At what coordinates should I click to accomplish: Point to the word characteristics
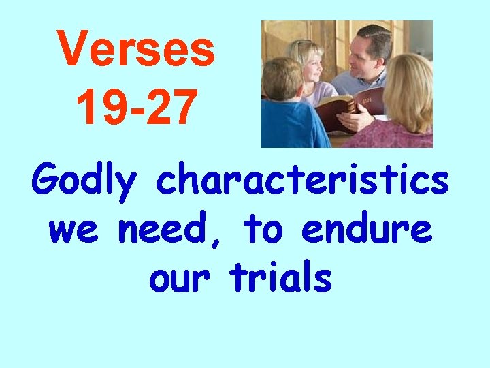(302, 181)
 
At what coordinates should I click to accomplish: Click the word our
(180, 277)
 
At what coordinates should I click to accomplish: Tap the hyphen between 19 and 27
(135, 108)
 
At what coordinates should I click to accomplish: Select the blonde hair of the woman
(408, 85)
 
